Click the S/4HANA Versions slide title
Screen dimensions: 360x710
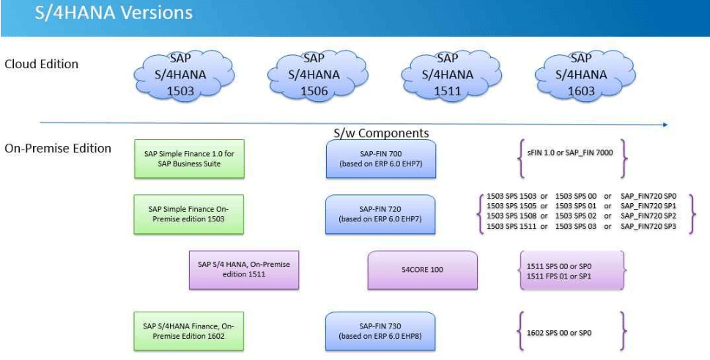pos(114,13)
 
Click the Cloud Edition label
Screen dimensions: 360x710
pos(42,64)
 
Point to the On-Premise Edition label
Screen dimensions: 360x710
pos(58,148)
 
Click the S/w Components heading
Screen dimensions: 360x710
pos(381,133)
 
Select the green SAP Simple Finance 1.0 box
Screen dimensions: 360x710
pos(189,158)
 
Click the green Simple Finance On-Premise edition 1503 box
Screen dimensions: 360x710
pos(189,213)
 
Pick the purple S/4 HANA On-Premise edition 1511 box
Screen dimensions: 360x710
pos(244,269)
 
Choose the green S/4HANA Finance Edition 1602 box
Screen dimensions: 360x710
pos(189,331)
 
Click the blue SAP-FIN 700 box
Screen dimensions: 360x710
pos(381,158)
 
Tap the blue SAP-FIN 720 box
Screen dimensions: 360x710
pos(381,213)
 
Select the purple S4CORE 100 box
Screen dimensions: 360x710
pos(422,269)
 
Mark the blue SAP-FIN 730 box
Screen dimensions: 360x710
pos(381,331)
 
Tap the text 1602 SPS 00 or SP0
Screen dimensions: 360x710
pos(558,333)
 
